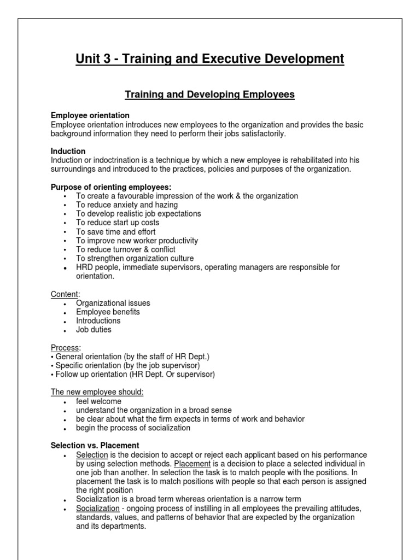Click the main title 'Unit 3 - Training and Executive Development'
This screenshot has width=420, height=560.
point(210,59)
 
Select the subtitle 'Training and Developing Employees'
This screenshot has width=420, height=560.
point(210,95)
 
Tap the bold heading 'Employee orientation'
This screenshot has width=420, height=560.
point(90,115)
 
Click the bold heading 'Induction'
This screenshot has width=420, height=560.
point(68,151)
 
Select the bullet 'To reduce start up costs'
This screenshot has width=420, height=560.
point(118,223)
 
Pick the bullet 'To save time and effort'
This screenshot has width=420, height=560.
point(115,232)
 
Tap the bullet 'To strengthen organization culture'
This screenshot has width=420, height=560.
point(135,258)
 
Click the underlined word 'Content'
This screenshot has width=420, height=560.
point(65,294)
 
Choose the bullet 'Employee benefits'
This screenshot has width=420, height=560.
point(108,312)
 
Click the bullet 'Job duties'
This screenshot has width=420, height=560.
point(94,330)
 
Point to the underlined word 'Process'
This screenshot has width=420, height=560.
point(65,348)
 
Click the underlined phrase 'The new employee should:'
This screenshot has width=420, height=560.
point(97,392)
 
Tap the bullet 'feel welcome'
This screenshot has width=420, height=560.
point(98,401)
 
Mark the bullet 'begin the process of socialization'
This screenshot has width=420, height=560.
point(133,428)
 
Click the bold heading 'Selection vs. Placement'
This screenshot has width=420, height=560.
point(95,446)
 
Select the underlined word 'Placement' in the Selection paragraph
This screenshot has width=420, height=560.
point(192,464)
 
